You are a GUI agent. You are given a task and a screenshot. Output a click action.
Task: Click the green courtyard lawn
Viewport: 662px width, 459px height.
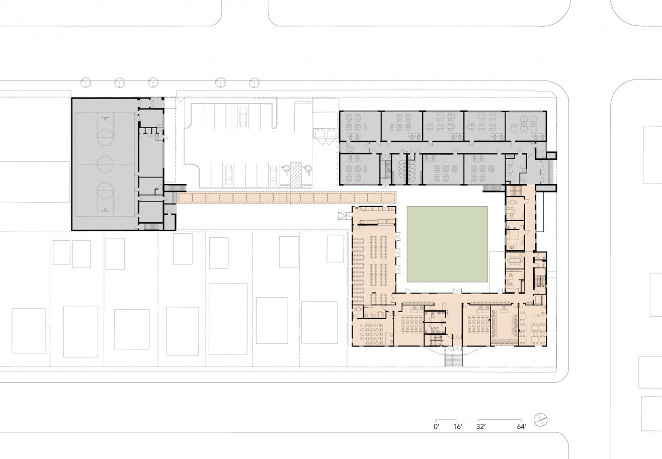[447, 244]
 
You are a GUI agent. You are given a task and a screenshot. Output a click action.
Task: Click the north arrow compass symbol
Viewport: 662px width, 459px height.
[541, 420]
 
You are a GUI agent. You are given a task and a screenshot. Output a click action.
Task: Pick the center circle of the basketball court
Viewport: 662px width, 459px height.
[105, 164]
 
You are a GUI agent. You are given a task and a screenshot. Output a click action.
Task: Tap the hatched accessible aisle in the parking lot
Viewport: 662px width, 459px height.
[296, 174]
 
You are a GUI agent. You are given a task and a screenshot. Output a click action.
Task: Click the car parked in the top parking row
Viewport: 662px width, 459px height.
[243, 117]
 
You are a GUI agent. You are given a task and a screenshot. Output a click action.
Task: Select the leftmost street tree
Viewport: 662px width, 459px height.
[86, 83]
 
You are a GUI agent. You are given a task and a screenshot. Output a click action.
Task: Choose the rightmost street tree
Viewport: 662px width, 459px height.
[254, 83]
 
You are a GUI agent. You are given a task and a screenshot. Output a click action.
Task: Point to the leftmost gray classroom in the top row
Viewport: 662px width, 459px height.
[360, 126]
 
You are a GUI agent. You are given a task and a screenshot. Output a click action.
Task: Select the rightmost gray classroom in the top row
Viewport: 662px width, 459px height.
[526, 126]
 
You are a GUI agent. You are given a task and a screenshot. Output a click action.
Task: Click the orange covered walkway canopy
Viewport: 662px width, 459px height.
[287, 197]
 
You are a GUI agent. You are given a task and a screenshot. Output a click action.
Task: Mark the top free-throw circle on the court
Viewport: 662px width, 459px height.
[105, 138]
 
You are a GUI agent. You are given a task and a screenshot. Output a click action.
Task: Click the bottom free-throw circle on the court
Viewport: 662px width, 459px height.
[105, 191]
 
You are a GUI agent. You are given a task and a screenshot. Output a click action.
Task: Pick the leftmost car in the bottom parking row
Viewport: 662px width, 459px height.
[228, 174]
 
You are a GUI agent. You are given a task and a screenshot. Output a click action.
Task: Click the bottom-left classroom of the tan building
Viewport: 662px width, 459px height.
[373, 332]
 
